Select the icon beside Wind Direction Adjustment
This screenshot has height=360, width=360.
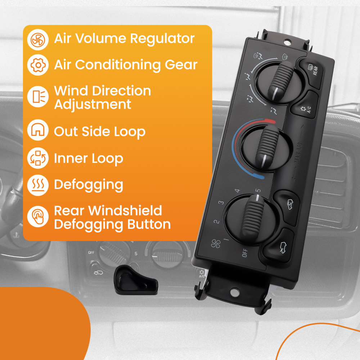pyautogui.click(x=38, y=97)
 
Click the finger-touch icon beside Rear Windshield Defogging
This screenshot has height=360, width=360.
pyautogui.click(x=38, y=217)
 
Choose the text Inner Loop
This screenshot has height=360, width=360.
pyautogui.click(x=89, y=158)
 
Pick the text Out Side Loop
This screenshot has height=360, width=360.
pyautogui.click(x=100, y=132)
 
